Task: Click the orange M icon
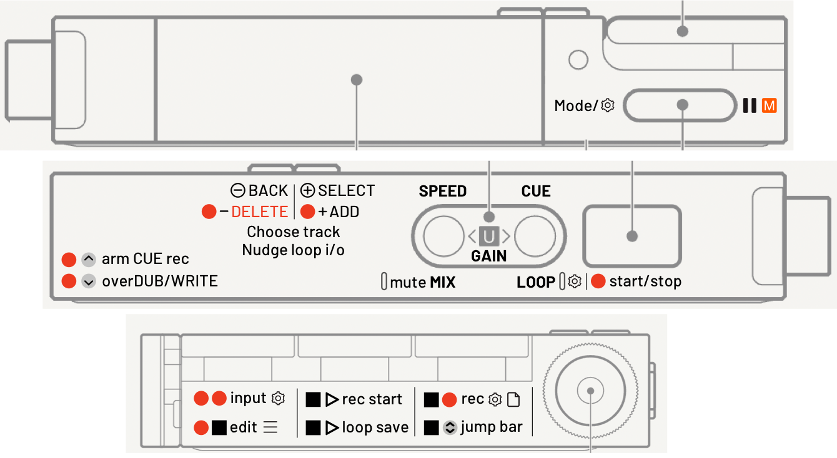point(769,106)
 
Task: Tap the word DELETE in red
point(259,212)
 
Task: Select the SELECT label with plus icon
point(338,191)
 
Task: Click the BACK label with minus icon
point(259,191)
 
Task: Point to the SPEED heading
point(443,192)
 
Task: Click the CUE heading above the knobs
point(536,192)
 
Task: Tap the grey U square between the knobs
point(488,236)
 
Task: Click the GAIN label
point(488,256)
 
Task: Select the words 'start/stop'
point(645,281)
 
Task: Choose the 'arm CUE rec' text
point(145,259)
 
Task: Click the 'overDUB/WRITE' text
point(160,281)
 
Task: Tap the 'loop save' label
point(375,428)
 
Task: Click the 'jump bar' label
point(492,428)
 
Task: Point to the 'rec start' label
point(372,399)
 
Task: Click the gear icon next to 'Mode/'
point(607,106)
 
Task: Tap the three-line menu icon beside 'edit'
point(270,428)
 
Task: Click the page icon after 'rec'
point(513,399)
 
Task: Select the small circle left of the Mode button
point(579,60)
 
